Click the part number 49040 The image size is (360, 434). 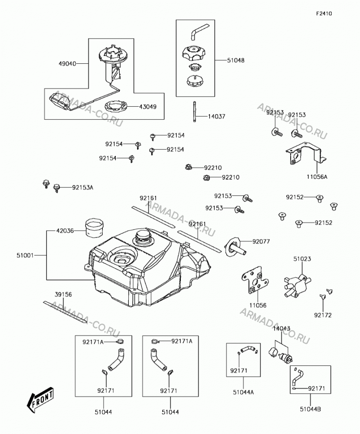coord(67,64)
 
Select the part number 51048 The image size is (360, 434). coord(236,60)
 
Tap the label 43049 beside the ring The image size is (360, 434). coord(148,107)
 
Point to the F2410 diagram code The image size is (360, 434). coord(324,13)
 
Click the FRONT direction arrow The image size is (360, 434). coord(40,399)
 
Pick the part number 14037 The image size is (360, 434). coord(217,116)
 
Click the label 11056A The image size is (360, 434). coord(317,176)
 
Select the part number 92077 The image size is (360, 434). coord(261,241)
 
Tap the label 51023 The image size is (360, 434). coord(302,259)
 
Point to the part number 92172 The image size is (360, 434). coord(323,315)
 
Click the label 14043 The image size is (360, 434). coord(281,329)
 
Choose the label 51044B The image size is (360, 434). coord(311,409)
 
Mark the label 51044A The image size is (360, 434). coord(243,392)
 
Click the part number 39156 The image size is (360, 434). coord(63,295)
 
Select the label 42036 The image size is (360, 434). coord(65,230)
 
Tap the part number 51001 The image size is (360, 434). coord(25,255)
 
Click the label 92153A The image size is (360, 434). coord(83,187)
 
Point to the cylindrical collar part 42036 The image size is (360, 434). coord(94,228)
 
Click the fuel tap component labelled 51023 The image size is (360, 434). coord(295,286)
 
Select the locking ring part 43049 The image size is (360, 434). coord(116,106)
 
